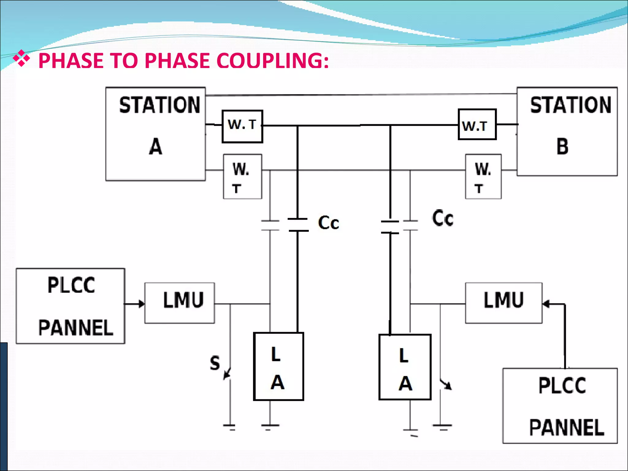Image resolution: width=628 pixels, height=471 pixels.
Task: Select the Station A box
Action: pyautogui.click(x=155, y=134)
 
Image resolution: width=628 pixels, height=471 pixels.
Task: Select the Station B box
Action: pyautogui.click(x=567, y=131)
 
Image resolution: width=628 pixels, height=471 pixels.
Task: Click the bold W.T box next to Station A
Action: pyautogui.click(x=242, y=126)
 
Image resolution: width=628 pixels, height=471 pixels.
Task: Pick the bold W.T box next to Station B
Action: pyautogui.click(x=477, y=124)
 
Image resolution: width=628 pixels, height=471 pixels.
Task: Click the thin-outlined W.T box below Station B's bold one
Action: pyautogui.click(x=483, y=177)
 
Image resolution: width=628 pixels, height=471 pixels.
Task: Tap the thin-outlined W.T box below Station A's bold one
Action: pyautogui.click(x=242, y=177)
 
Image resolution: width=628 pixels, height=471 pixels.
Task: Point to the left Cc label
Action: pyautogui.click(x=328, y=223)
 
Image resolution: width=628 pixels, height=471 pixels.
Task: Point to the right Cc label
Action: pyautogui.click(x=442, y=218)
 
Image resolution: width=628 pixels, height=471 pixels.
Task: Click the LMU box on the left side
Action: pyautogui.click(x=180, y=303)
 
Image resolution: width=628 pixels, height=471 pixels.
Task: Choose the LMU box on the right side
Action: pyautogui.click(x=504, y=303)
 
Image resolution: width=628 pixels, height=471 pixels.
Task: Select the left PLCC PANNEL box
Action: pyautogui.click(x=71, y=306)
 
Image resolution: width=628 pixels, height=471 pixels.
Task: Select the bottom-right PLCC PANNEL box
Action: pyautogui.click(x=560, y=405)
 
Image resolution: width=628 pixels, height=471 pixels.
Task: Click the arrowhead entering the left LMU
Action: pyautogui.click(x=142, y=304)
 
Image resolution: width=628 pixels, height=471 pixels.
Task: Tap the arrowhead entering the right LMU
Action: pyautogui.click(x=546, y=304)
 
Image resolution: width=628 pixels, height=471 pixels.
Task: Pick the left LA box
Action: pyautogui.click(x=278, y=366)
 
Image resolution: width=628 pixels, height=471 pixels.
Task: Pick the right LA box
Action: pyautogui.click(x=405, y=367)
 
